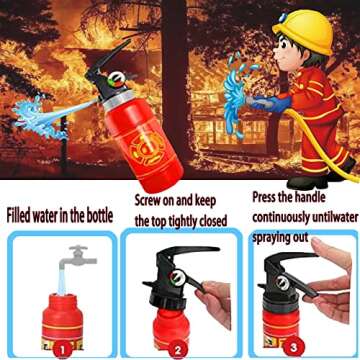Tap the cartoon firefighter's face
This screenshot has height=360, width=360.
tap(299, 60)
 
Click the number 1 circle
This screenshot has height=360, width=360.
tap(62, 349)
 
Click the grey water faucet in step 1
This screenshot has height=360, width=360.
tap(73, 259)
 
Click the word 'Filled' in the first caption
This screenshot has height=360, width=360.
tap(22, 214)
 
